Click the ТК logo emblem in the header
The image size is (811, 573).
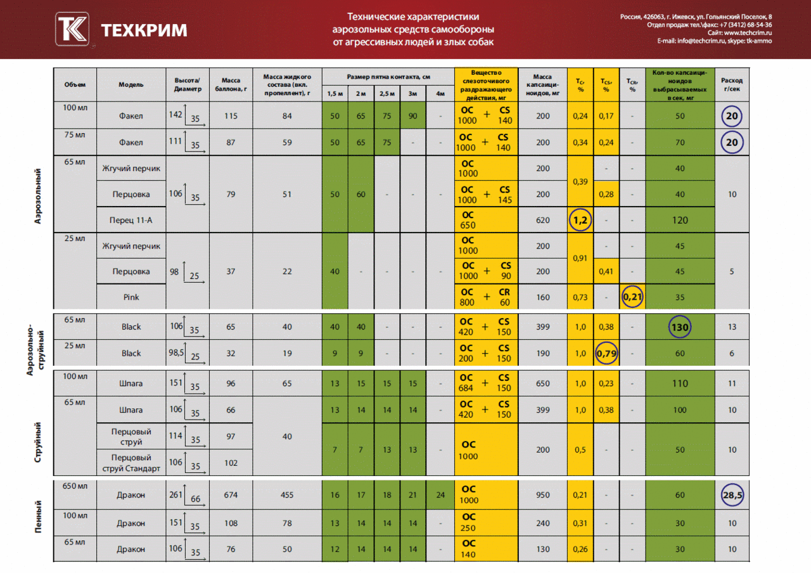pyautogui.click(x=72, y=29)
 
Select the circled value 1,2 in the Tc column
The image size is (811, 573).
pyautogui.click(x=580, y=220)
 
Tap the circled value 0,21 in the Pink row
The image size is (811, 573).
pyautogui.click(x=632, y=297)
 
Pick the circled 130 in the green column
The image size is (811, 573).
pyautogui.click(x=680, y=327)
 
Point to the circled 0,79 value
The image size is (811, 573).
pyautogui.click(x=606, y=353)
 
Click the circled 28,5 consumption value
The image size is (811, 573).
pyautogui.click(x=732, y=495)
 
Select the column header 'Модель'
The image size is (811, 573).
pyautogui.click(x=131, y=85)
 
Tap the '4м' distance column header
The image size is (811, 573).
pyautogui.click(x=440, y=94)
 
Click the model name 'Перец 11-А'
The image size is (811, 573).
pyautogui.click(x=131, y=220)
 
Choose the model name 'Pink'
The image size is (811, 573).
pyautogui.click(x=131, y=297)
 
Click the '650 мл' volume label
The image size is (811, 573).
pyautogui.click(x=75, y=486)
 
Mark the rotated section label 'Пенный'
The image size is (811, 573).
pyautogui.click(x=38, y=517)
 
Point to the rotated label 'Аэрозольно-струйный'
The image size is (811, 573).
pyautogui.click(x=35, y=349)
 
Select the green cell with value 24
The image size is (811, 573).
pyautogui.click(x=440, y=495)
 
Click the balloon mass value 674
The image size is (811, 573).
pyautogui.click(x=231, y=495)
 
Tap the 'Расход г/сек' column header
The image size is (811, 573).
pyautogui.click(x=732, y=85)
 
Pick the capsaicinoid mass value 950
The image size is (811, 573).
pyautogui.click(x=543, y=495)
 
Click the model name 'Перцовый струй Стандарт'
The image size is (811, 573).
pyautogui.click(x=131, y=463)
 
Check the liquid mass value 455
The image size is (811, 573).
pyautogui.click(x=287, y=495)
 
